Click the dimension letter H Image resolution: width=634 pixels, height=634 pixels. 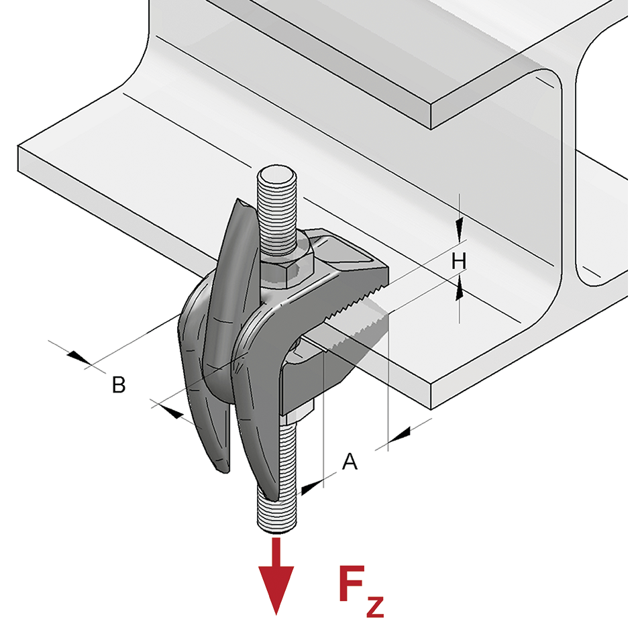click(458, 261)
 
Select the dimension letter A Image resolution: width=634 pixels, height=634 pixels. click(350, 462)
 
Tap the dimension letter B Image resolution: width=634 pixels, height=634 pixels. click(118, 385)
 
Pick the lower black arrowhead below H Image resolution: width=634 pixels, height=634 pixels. click(459, 289)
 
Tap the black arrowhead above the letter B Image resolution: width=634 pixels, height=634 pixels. click(79, 358)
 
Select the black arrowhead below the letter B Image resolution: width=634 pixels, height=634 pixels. click(171, 412)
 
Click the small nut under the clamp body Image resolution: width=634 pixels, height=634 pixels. click(300, 411)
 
